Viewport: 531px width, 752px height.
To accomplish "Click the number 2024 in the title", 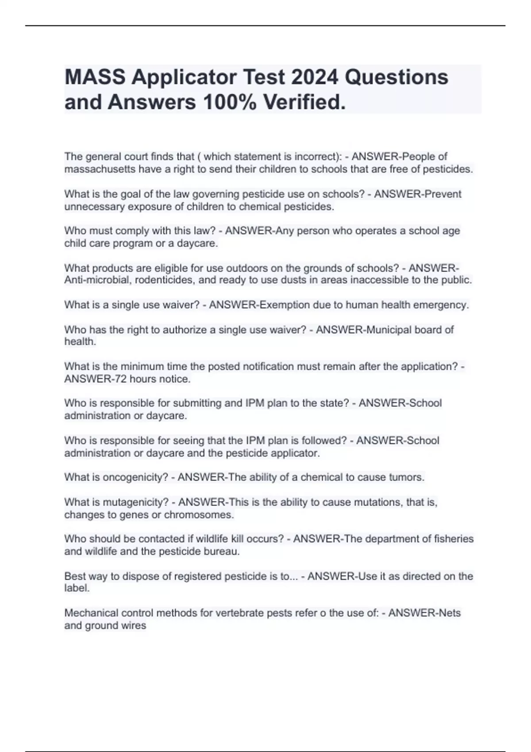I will click(315, 77).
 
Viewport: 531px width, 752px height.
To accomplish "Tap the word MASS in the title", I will click(95, 77).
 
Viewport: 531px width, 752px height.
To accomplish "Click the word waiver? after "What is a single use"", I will click(181, 305).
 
